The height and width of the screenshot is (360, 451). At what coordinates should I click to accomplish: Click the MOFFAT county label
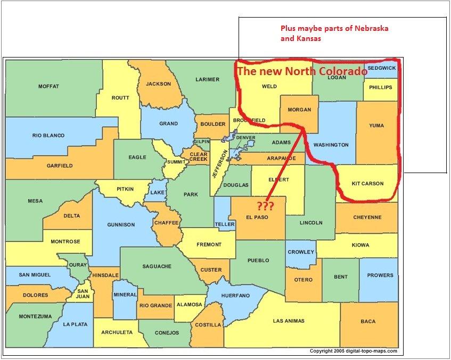pos(48,86)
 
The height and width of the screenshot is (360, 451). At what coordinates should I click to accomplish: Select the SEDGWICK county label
pos(381,68)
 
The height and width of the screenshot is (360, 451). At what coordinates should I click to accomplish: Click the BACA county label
pos(367,322)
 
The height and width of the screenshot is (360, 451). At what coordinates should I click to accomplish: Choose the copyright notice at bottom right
pos(357,351)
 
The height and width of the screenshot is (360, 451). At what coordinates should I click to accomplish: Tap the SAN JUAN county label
pos(83,294)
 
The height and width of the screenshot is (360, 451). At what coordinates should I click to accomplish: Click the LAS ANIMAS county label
pos(288,321)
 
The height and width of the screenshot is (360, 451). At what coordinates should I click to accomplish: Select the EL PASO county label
pos(257,217)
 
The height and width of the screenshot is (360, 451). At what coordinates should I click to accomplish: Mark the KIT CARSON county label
pos(367,184)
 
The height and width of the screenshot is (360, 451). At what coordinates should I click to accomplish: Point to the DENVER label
pos(245,138)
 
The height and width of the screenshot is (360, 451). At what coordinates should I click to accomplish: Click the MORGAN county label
pos(299,110)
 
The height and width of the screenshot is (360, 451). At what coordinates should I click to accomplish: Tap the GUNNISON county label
pos(121,225)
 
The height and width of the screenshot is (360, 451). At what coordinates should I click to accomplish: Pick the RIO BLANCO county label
pos(48,136)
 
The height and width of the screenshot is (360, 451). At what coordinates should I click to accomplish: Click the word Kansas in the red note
pos(309,39)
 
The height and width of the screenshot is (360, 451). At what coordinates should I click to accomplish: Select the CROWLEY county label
pos(301,252)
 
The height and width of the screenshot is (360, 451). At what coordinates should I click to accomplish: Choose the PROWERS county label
pos(380,275)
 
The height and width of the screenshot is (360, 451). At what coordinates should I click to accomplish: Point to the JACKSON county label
pos(158,84)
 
